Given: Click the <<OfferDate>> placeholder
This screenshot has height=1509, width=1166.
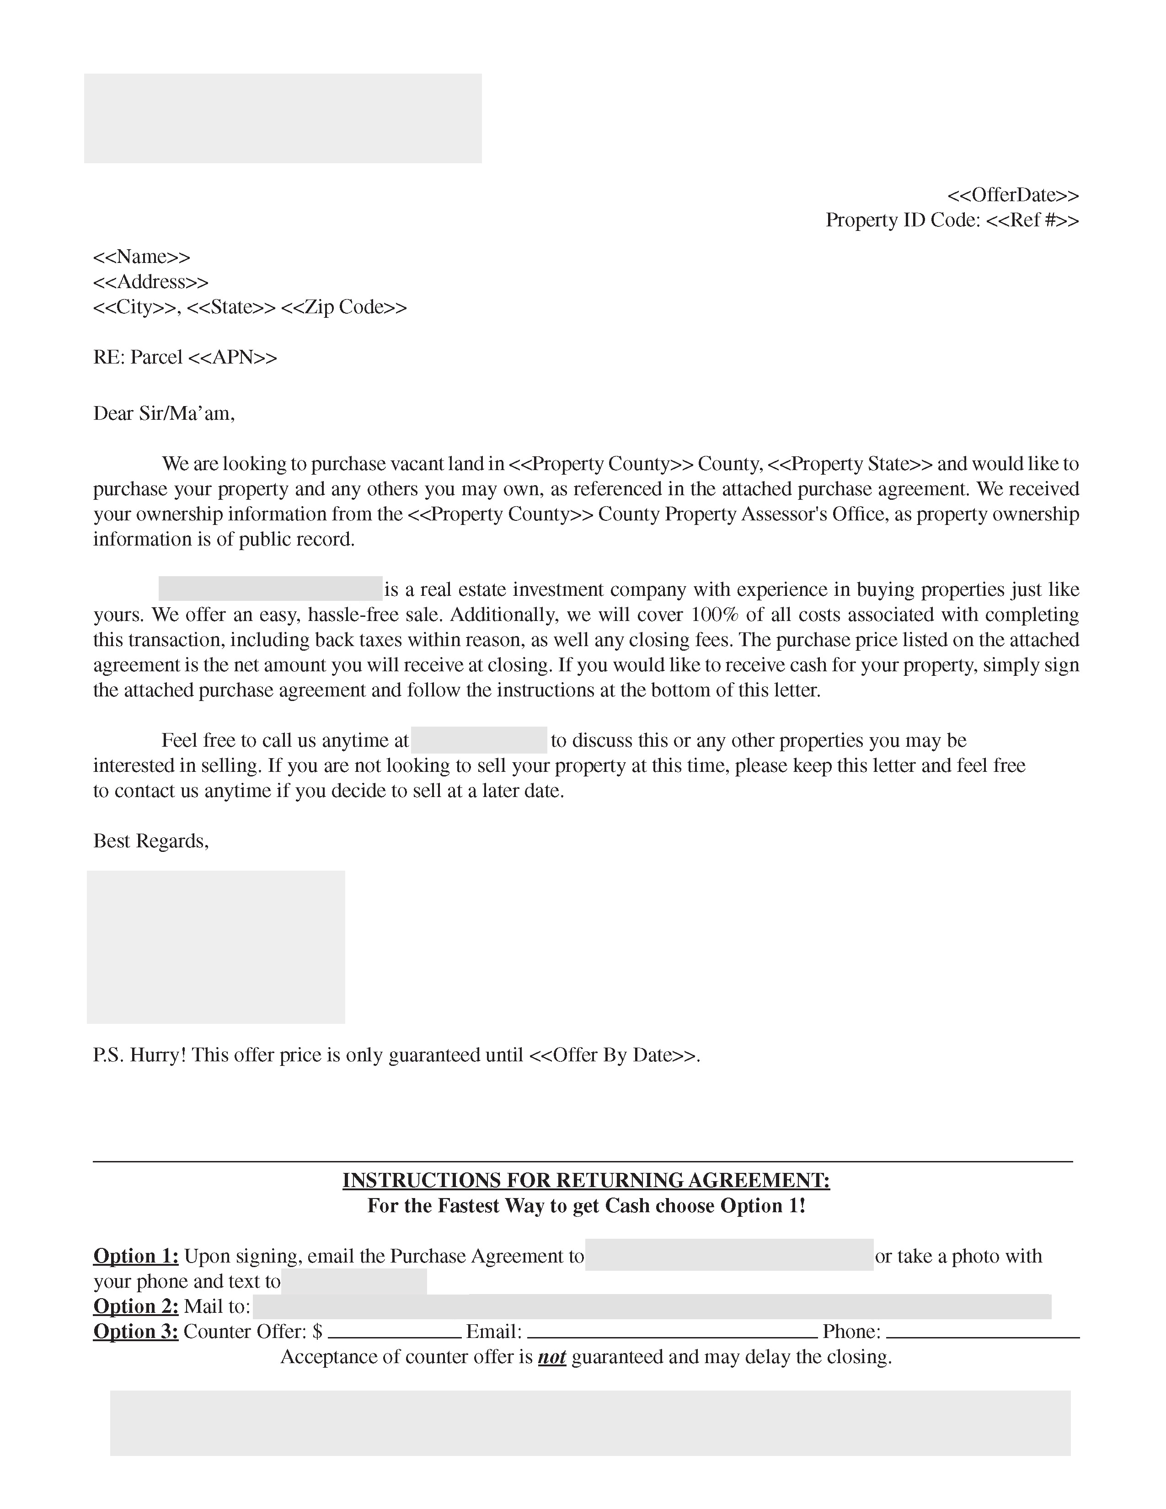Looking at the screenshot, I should coord(1013,195).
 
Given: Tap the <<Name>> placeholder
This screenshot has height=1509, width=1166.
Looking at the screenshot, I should coord(142,257).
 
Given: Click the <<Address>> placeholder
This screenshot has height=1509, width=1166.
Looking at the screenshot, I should coord(150,282).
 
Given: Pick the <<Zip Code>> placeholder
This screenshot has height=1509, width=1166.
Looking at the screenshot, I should coord(344,307).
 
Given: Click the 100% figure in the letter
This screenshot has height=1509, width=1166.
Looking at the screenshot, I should coord(714,615).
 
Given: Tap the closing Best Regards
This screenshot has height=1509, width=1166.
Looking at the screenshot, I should coord(150,841).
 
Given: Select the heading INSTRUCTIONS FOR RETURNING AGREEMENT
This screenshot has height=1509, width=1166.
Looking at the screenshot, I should coord(586,1180).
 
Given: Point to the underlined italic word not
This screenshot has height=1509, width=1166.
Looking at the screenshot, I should coord(552,1357).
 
